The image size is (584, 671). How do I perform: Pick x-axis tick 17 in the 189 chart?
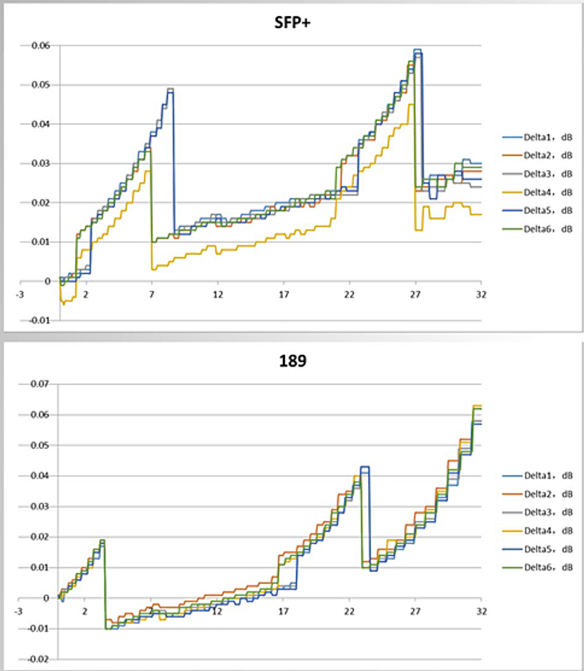283,612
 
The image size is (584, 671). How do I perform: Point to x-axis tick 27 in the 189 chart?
415,612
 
